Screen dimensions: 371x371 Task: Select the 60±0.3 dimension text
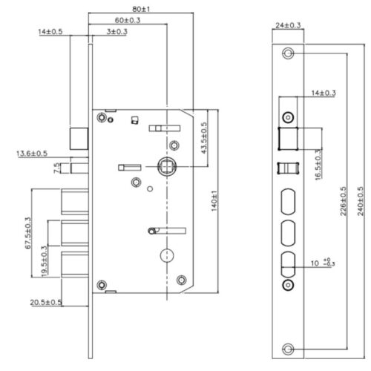(x=131, y=22)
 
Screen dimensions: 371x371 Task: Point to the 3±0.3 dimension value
(x=117, y=33)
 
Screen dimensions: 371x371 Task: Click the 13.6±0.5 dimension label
(x=31, y=154)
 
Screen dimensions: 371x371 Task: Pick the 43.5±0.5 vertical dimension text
(x=204, y=138)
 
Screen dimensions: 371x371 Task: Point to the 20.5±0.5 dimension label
(x=46, y=302)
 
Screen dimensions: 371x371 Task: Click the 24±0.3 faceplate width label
(x=287, y=24)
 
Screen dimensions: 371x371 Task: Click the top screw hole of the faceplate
(x=288, y=53)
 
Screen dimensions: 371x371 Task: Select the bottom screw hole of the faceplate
(x=288, y=349)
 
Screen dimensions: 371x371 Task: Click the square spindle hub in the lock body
(x=167, y=166)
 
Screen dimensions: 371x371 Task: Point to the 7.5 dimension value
(x=58, y=168)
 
